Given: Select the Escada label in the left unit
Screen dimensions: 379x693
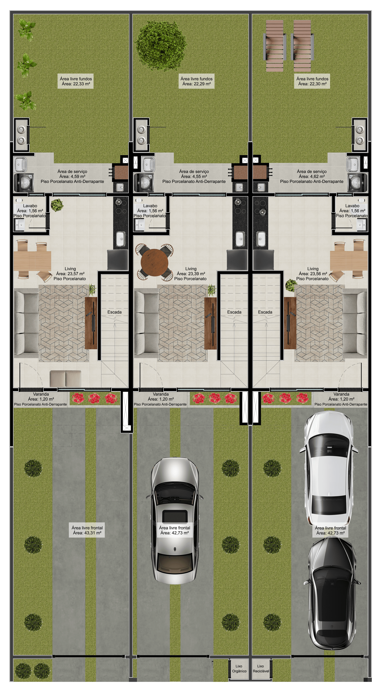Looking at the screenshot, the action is point(115,312).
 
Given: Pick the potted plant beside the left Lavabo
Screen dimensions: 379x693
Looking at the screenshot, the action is point(57,205).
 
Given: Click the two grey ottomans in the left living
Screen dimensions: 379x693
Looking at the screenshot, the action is point(65,379).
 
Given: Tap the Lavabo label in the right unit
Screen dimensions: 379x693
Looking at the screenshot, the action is point(352,206).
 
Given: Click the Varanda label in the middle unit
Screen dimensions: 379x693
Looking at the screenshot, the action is point(161,394).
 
